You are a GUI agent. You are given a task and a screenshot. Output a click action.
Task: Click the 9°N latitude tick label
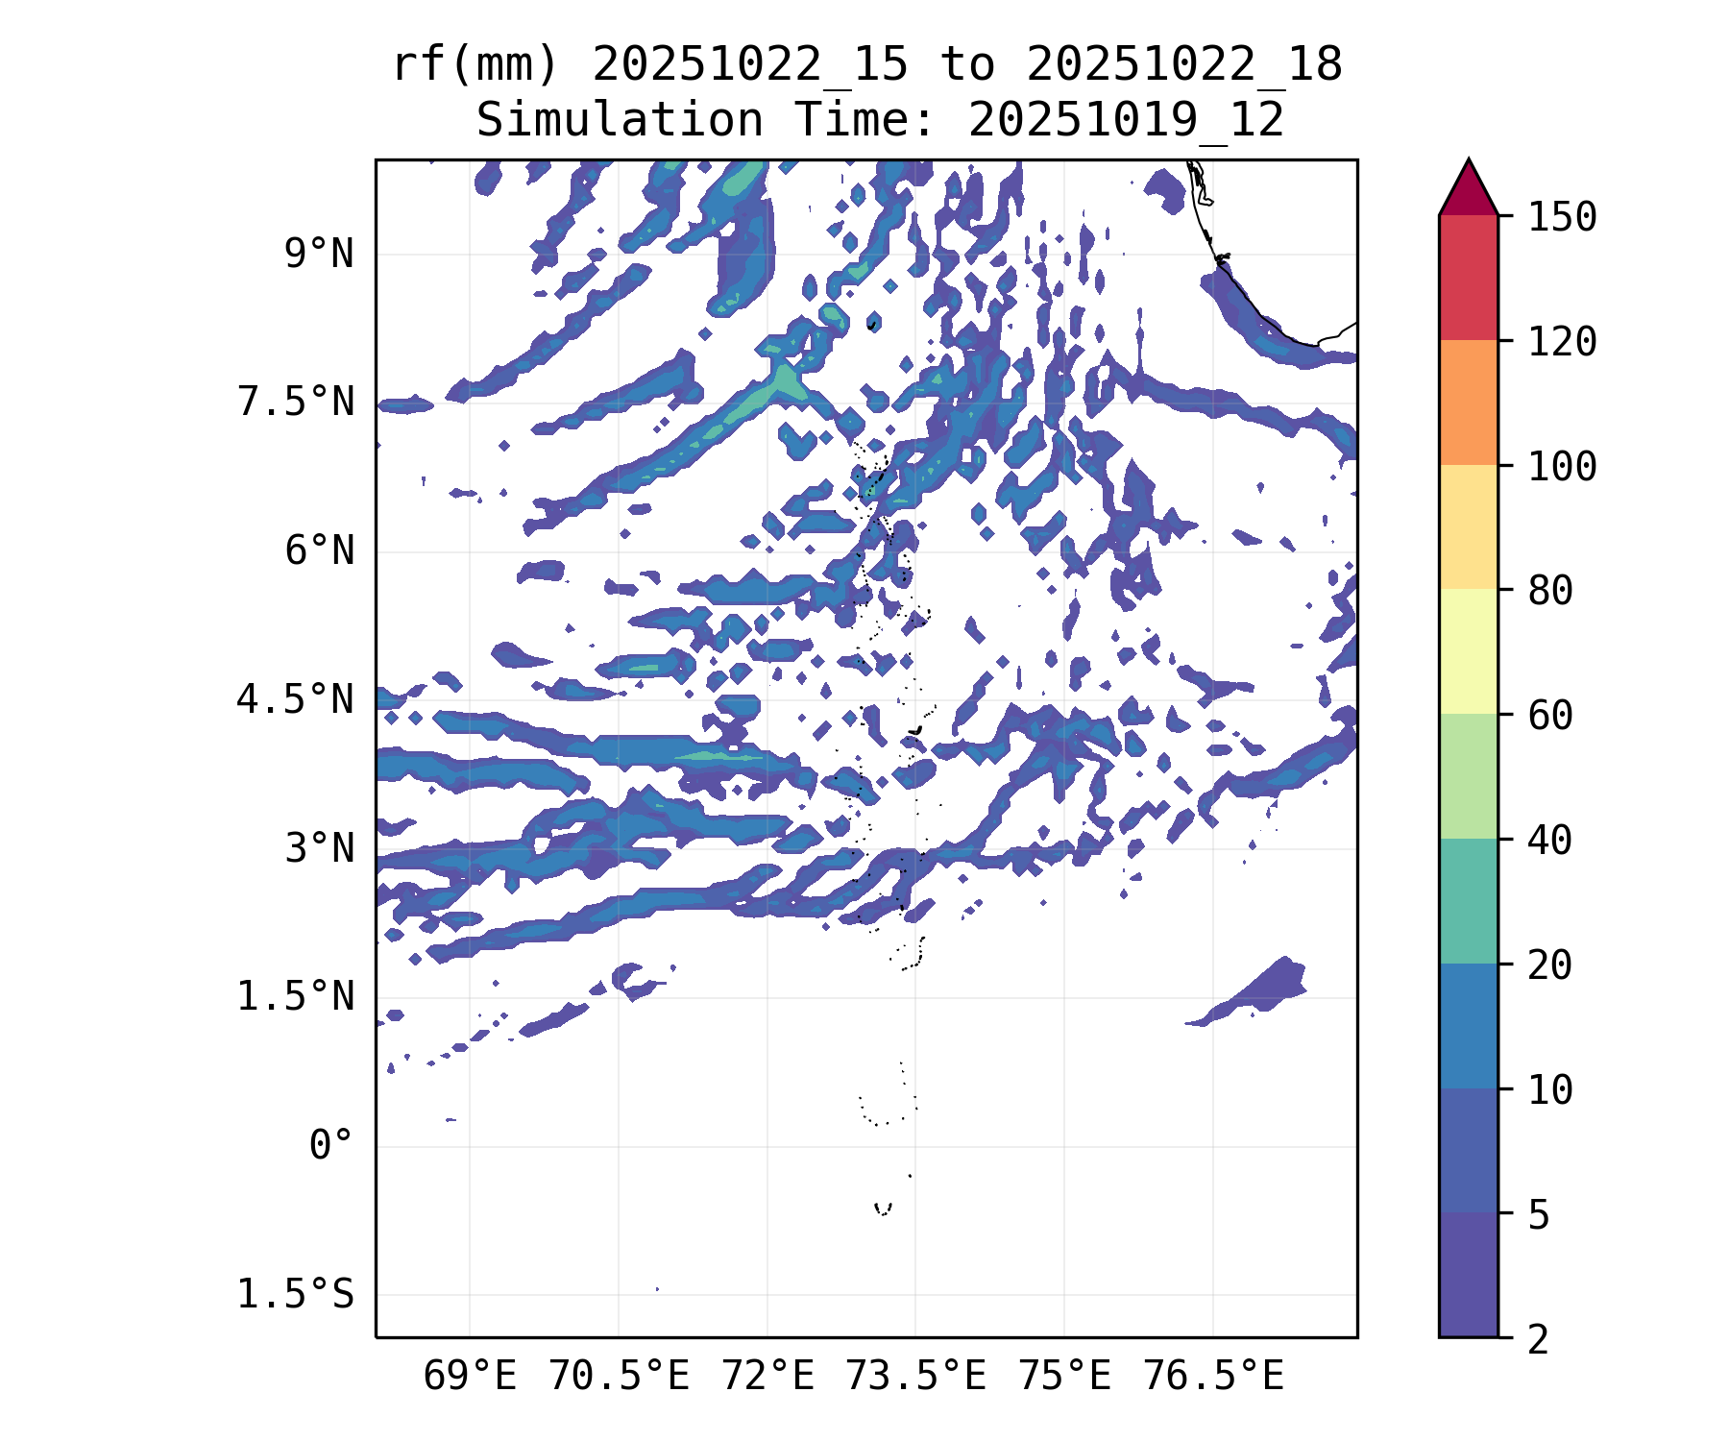[318, 255]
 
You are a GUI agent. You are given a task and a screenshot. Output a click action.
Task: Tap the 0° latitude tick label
[330, 1145]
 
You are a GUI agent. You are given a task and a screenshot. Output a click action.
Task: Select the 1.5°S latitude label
[295, 1294]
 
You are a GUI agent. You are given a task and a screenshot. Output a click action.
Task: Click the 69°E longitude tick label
[470, 1377]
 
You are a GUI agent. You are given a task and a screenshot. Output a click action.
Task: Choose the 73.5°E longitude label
[915, 1377]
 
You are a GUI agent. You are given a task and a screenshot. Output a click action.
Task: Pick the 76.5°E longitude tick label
[1212, 1377]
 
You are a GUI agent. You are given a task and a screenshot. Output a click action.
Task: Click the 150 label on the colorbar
[1562, 217]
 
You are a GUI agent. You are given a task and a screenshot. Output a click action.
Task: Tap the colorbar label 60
[1550, 715]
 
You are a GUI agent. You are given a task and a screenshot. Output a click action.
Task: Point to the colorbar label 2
[1539, 1338]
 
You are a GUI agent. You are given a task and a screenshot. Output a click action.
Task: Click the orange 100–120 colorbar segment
[1468, 403]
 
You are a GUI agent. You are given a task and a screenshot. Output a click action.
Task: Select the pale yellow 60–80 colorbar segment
[1468, 651]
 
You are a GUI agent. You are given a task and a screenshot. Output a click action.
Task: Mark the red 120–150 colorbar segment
[1468, 278]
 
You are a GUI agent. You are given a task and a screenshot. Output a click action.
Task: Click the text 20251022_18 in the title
[1183, 65]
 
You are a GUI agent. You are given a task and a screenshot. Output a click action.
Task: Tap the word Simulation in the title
[620, 121]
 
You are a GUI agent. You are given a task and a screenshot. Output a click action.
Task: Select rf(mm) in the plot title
[475, 65]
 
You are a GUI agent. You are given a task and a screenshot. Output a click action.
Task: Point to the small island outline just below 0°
[883, 1209]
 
